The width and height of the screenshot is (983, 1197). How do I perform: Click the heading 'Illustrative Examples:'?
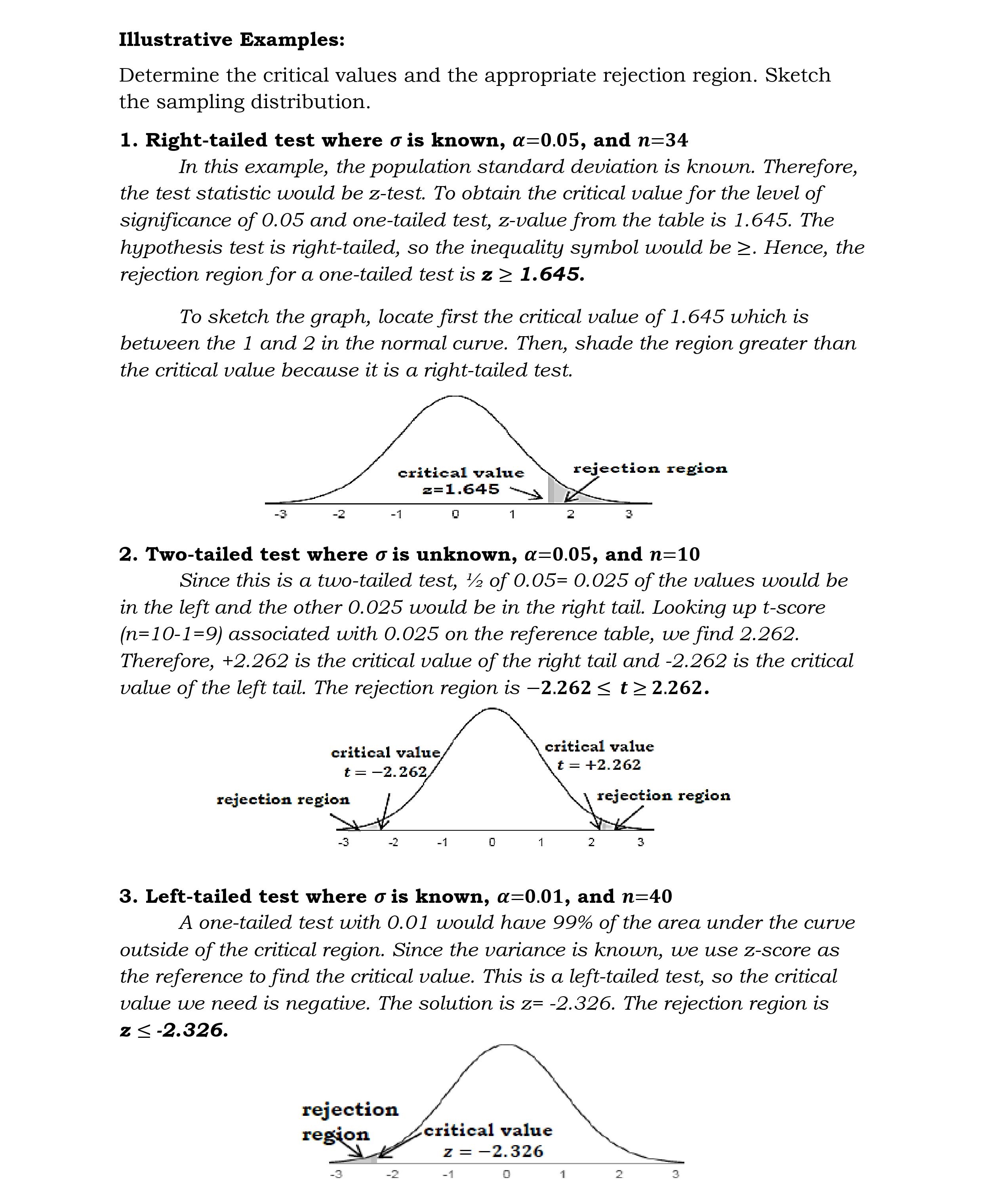pyautogui.click(x=232, y=40)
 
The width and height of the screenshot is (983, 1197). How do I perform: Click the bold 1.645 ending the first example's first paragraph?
pyautogui.click(x=552, y=274)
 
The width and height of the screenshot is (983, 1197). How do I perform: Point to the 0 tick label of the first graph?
pyautogui.click(x=455, y=514)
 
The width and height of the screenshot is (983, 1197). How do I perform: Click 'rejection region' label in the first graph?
pyautogui.click(x=650, y=468)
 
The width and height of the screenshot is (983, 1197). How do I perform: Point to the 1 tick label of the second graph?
pyautogui.click(x=541, y=842)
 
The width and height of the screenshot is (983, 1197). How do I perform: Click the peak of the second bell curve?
pyautogui.click(x=491, y=709)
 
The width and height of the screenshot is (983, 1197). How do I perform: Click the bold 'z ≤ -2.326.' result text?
pyautogui.click(x=174, y=1030)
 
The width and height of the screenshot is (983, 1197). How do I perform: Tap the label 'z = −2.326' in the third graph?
pyautogui.click(x=493, y=1151)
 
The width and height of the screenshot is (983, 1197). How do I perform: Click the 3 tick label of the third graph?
pyautogui.click(x=675, y=1174)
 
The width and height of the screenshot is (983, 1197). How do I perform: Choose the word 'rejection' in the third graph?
pyautogui.click(x=350, y=1110)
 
